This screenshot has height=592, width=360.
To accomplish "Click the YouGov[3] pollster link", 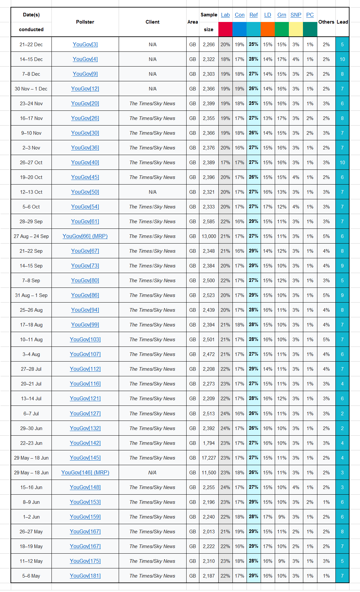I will (85, 45).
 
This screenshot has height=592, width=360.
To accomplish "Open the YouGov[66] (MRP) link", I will (85, 236).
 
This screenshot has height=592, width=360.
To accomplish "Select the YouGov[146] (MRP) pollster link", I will (85, 473).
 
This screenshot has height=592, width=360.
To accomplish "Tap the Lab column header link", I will (225, 15).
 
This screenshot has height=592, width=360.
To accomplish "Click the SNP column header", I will (296, 15).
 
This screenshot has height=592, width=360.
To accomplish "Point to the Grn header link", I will (282, 15).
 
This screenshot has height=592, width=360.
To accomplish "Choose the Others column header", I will (326, 22).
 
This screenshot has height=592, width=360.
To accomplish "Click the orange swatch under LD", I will (268, 29).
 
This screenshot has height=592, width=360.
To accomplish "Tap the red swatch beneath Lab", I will (225, 29).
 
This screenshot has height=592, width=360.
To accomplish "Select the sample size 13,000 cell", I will (209, 236).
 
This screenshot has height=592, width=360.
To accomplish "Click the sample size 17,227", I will (209, 458).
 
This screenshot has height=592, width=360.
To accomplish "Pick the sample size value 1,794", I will (209, 443).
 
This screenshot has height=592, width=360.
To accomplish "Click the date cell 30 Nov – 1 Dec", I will (31, 89).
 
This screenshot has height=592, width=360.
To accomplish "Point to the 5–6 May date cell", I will (31, 576).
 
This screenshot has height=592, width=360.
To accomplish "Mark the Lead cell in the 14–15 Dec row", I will (342, 59).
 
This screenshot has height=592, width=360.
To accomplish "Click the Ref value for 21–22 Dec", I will (253, 45).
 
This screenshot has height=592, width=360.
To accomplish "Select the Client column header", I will (152, 22).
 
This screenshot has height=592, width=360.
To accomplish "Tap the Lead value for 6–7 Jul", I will (342, 414).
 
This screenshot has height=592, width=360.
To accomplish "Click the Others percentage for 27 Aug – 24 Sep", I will (326, 236).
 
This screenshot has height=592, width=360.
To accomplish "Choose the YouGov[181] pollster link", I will (85, 576).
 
